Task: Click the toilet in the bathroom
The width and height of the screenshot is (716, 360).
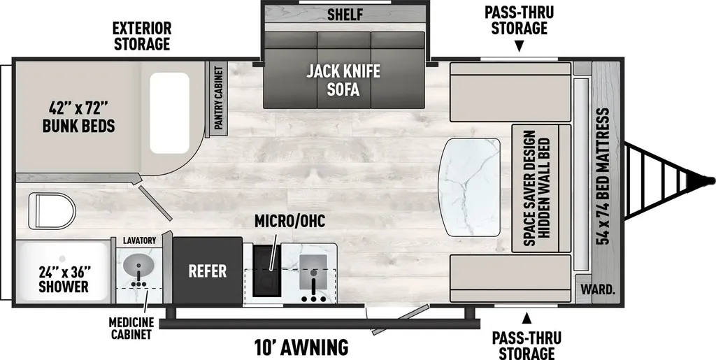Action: click(52, 211)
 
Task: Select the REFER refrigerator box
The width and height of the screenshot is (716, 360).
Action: click(207, 271)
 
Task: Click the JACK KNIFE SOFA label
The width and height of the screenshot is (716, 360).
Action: click(343, 80)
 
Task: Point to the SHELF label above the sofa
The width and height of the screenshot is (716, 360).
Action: click(345, 15)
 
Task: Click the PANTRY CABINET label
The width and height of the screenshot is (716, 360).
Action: click(218, 98)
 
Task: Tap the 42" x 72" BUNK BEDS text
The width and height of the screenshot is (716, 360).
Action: click(78, 117)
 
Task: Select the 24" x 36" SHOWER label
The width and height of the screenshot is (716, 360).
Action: click(63, 279)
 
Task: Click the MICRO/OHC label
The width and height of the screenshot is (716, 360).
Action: click(289, 222)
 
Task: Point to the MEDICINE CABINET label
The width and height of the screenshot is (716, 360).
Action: click(130, 329)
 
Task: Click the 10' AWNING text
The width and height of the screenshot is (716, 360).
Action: click(301, 347)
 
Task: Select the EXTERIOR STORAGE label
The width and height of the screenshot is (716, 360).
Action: click(142, 36)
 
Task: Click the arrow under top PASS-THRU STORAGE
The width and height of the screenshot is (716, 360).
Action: click(520, 46)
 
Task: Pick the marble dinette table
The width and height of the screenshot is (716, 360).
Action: click(469, 187)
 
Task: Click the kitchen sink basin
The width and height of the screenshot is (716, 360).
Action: click(313, 271)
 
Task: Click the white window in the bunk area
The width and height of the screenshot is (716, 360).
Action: click(169, 113)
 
